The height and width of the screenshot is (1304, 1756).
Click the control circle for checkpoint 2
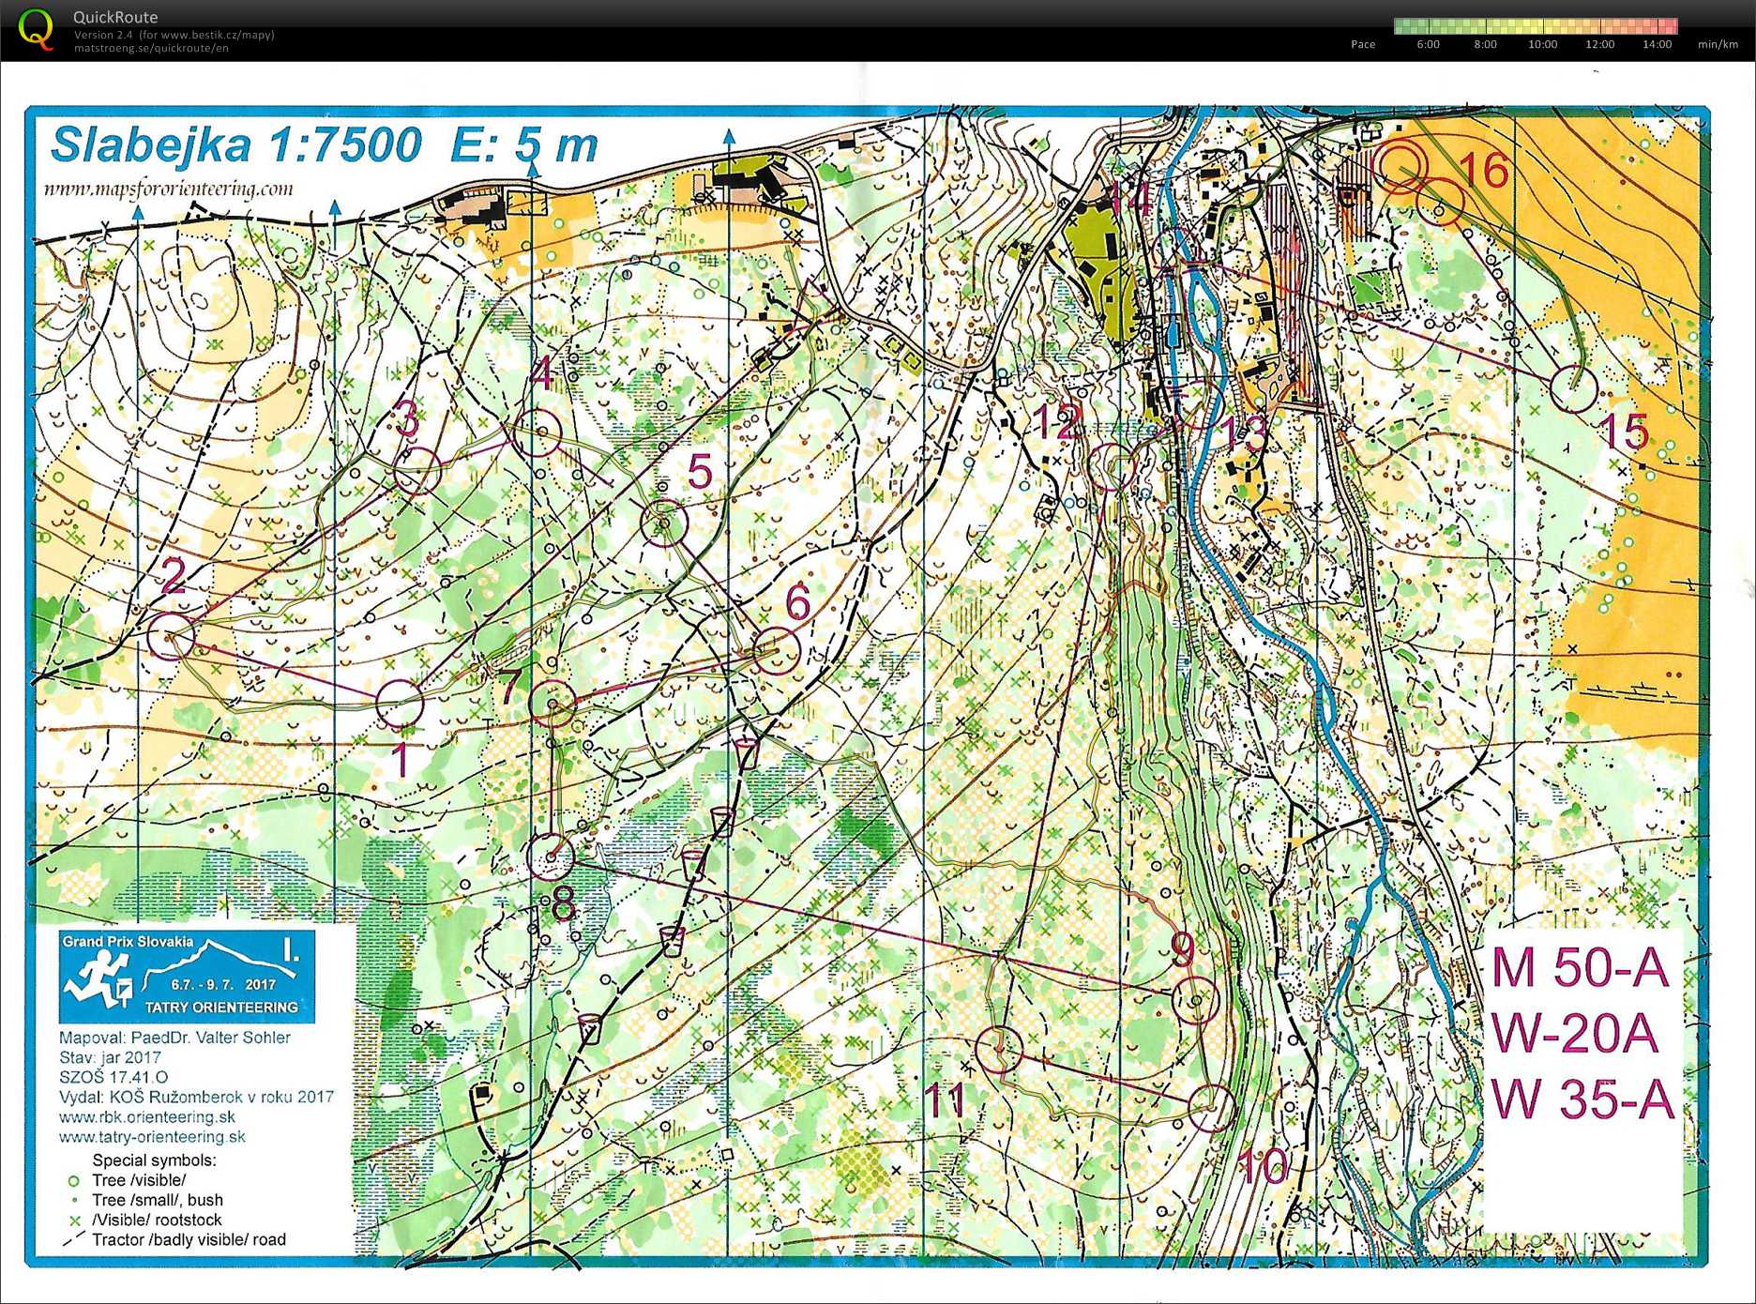coord(171,636)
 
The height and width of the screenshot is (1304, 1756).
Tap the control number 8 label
coord(563,902)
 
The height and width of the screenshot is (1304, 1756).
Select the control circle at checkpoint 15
coord(1573,388)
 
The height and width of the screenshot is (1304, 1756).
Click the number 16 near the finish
coord(1484,171)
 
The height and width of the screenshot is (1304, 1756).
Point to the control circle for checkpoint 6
coord(777,650)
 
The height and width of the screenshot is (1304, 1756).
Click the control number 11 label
coord(946,1099)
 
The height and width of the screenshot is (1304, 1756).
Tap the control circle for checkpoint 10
coord(1211,1107)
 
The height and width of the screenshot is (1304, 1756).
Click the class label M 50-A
coord(1580,968)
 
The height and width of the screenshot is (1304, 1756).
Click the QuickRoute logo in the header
coord(36,29)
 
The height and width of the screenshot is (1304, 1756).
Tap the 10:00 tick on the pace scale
coord(1542,44)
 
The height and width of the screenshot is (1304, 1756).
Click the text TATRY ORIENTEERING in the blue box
coord(221,1008)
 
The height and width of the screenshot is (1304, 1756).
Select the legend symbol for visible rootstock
coord(74,1221)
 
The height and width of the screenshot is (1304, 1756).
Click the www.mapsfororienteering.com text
coord(169,190)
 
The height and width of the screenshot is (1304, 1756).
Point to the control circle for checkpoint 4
coord(538,433)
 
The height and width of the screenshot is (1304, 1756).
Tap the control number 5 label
coord(700,471)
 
